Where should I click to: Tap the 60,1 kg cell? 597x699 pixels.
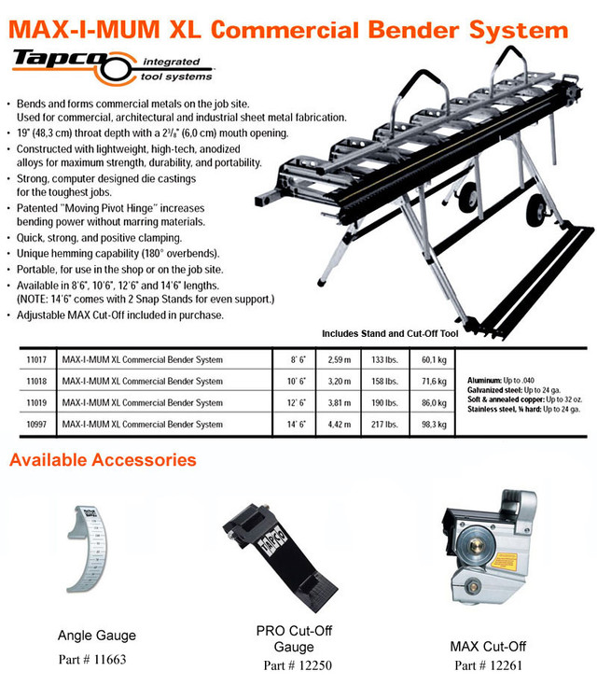(x=432, y=358)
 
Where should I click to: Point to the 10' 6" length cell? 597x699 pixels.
(x=297, y=381)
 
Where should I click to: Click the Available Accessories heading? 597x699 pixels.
(x=103, y=460)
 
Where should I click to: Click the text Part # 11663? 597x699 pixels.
(x=96, y=658)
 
